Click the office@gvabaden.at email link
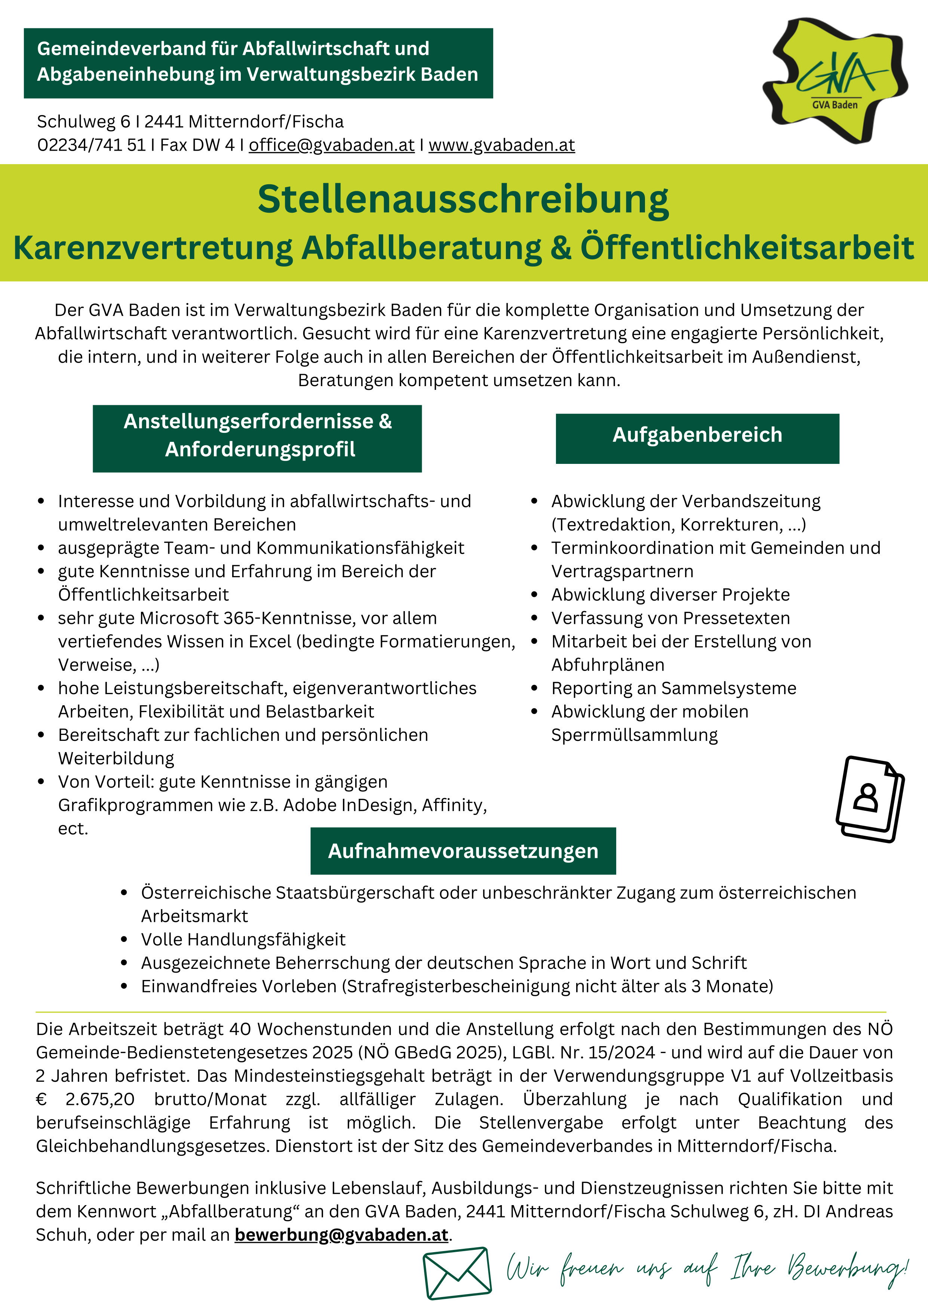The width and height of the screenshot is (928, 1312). point(331,145)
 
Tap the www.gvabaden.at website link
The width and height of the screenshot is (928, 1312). point(501,145)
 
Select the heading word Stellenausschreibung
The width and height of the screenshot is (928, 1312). point(463,200)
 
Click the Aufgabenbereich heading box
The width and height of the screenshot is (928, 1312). point(697,438)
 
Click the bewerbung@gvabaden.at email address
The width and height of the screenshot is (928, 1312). point(341,1235)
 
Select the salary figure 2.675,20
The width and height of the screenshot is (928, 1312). point(100,1099)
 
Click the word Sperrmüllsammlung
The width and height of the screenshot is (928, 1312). point(634,735)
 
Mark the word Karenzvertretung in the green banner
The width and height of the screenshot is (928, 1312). point(153,248)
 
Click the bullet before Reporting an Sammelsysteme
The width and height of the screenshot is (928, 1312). point(534,689)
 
